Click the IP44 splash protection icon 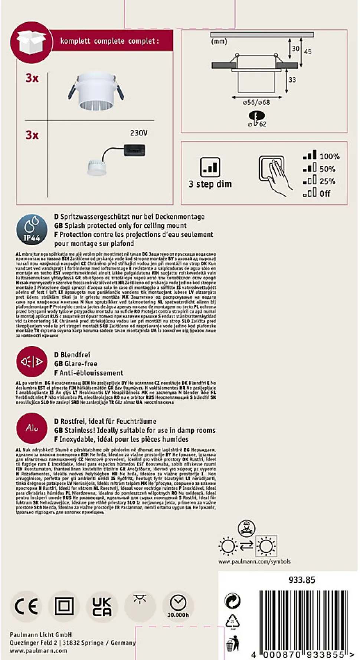tap(32, 230)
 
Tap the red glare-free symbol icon tap(32, 361)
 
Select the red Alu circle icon tap(32, 428)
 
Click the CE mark tap(26, 607)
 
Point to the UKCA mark tap(101, 607)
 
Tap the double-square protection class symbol tap(64, 607)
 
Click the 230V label tap(139, 133)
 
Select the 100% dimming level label tap(330, 157)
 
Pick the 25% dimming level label tap(327, 181)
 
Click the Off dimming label tap(325, 194)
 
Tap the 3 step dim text tap(210, 184)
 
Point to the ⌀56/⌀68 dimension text tap(256, 102)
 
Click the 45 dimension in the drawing tap(308, 52)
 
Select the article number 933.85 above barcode tap(302, 580)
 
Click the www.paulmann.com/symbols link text tap(254, 562)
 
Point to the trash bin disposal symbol tap(233, 644)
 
